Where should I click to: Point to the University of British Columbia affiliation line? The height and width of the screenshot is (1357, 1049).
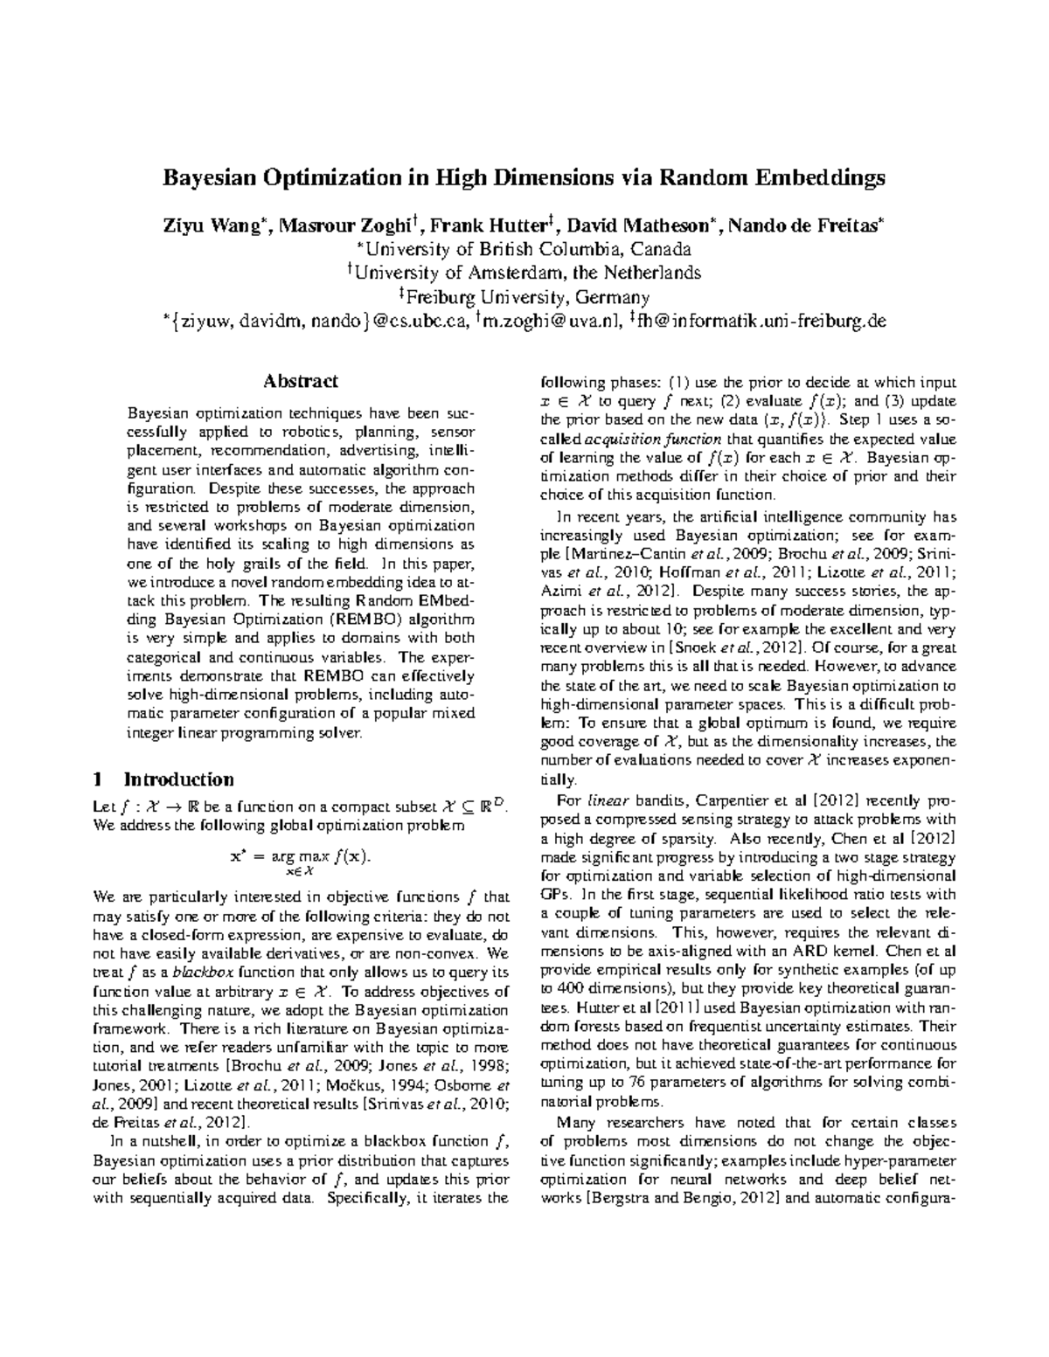525,248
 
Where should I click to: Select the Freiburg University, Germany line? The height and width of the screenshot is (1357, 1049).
524,296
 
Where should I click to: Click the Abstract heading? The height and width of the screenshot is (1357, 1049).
301,381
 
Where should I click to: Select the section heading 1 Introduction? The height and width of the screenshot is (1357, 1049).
163,779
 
